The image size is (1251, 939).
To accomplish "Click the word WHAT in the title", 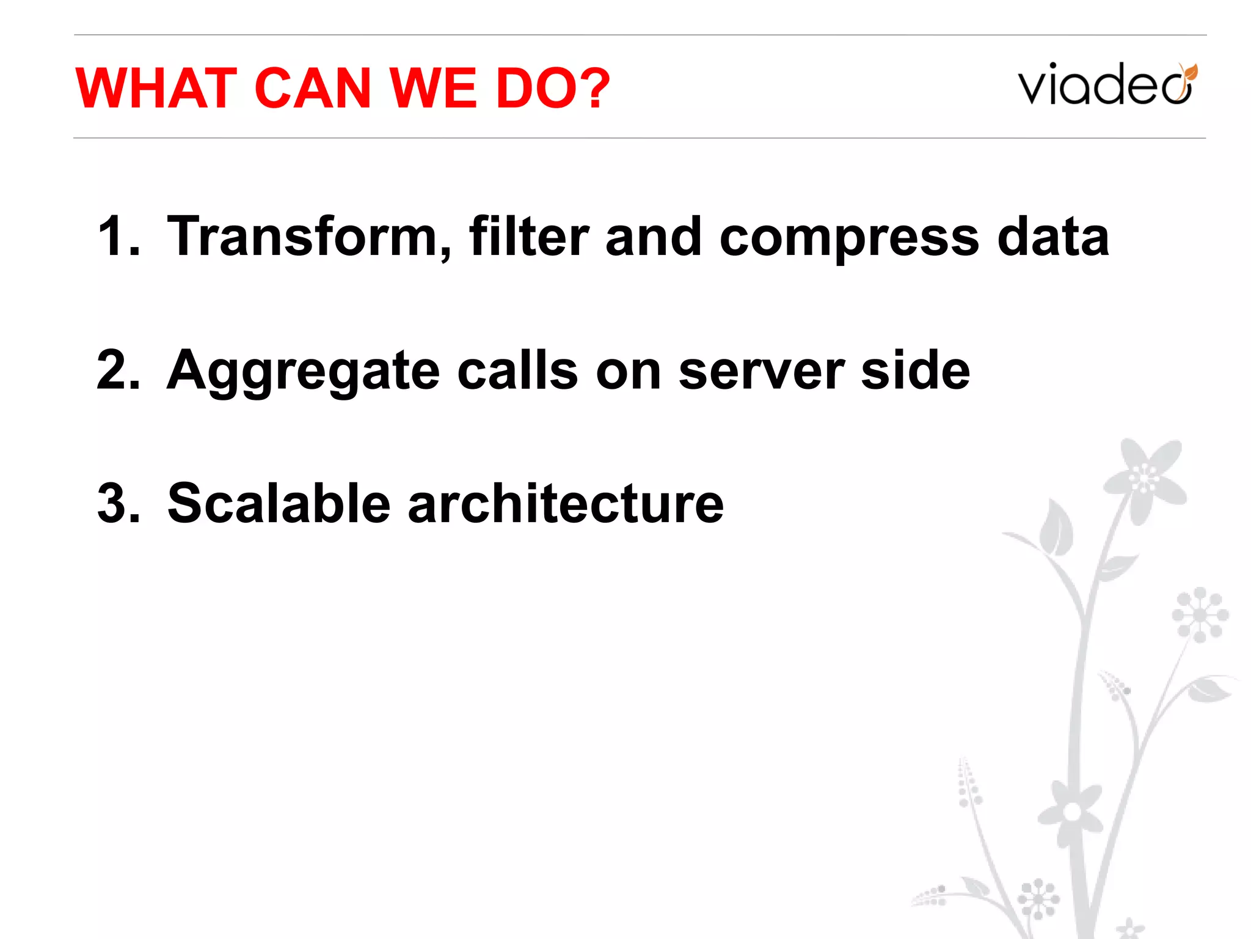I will coord(156,89).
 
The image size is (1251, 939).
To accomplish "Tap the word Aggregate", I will coord(303,372).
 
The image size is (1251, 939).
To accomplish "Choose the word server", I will coord(762,372).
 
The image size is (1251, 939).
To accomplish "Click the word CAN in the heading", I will coord(312,89).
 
